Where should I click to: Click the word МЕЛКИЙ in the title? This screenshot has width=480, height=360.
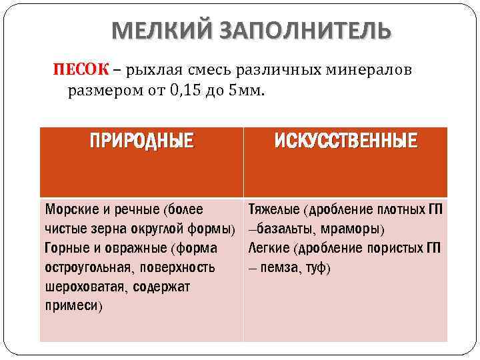(x=152, y=31)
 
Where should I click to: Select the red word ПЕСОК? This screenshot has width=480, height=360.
(x=77, y=70)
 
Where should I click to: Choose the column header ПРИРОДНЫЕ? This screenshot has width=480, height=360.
(x=142, y=141)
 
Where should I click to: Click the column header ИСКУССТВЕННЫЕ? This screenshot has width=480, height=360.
(x=347, y=141)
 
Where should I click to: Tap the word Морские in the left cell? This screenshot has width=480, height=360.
(x=69, y=209)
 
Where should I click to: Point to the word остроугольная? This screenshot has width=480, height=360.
(x=85, y=268)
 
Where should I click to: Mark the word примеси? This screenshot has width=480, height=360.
(x=71, y=307)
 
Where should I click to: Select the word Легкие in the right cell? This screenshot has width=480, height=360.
(x=269, y=249)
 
